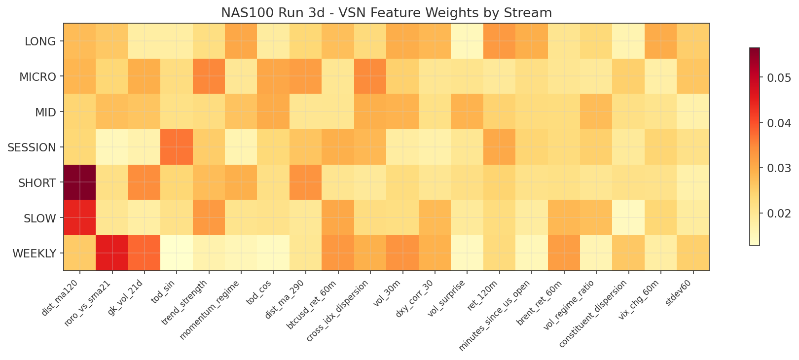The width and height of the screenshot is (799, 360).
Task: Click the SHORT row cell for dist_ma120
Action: (x=79, y=182)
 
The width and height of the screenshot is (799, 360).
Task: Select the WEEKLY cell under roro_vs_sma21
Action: (x=112, y=253)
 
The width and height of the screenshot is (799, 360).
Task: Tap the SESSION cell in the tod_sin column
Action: (x=177, y=147)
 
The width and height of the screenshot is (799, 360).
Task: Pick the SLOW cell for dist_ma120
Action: (x=79, y=218)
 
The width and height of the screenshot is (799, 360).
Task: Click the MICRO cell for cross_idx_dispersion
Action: (x=370, y=76)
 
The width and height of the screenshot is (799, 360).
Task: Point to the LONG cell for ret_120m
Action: (x=499, y=41)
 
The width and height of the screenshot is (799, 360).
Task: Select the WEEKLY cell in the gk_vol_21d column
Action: (x=144, y=253)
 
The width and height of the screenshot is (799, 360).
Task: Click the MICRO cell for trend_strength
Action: (x=209, y=76)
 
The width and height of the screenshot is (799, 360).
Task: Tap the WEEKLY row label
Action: (x=34, y=253)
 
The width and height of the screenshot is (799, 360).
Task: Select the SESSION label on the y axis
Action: (x=32, y=147)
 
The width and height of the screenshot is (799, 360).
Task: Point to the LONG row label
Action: (x=40, y=41)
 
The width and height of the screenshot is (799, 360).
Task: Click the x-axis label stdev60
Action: (x=680, y=293)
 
